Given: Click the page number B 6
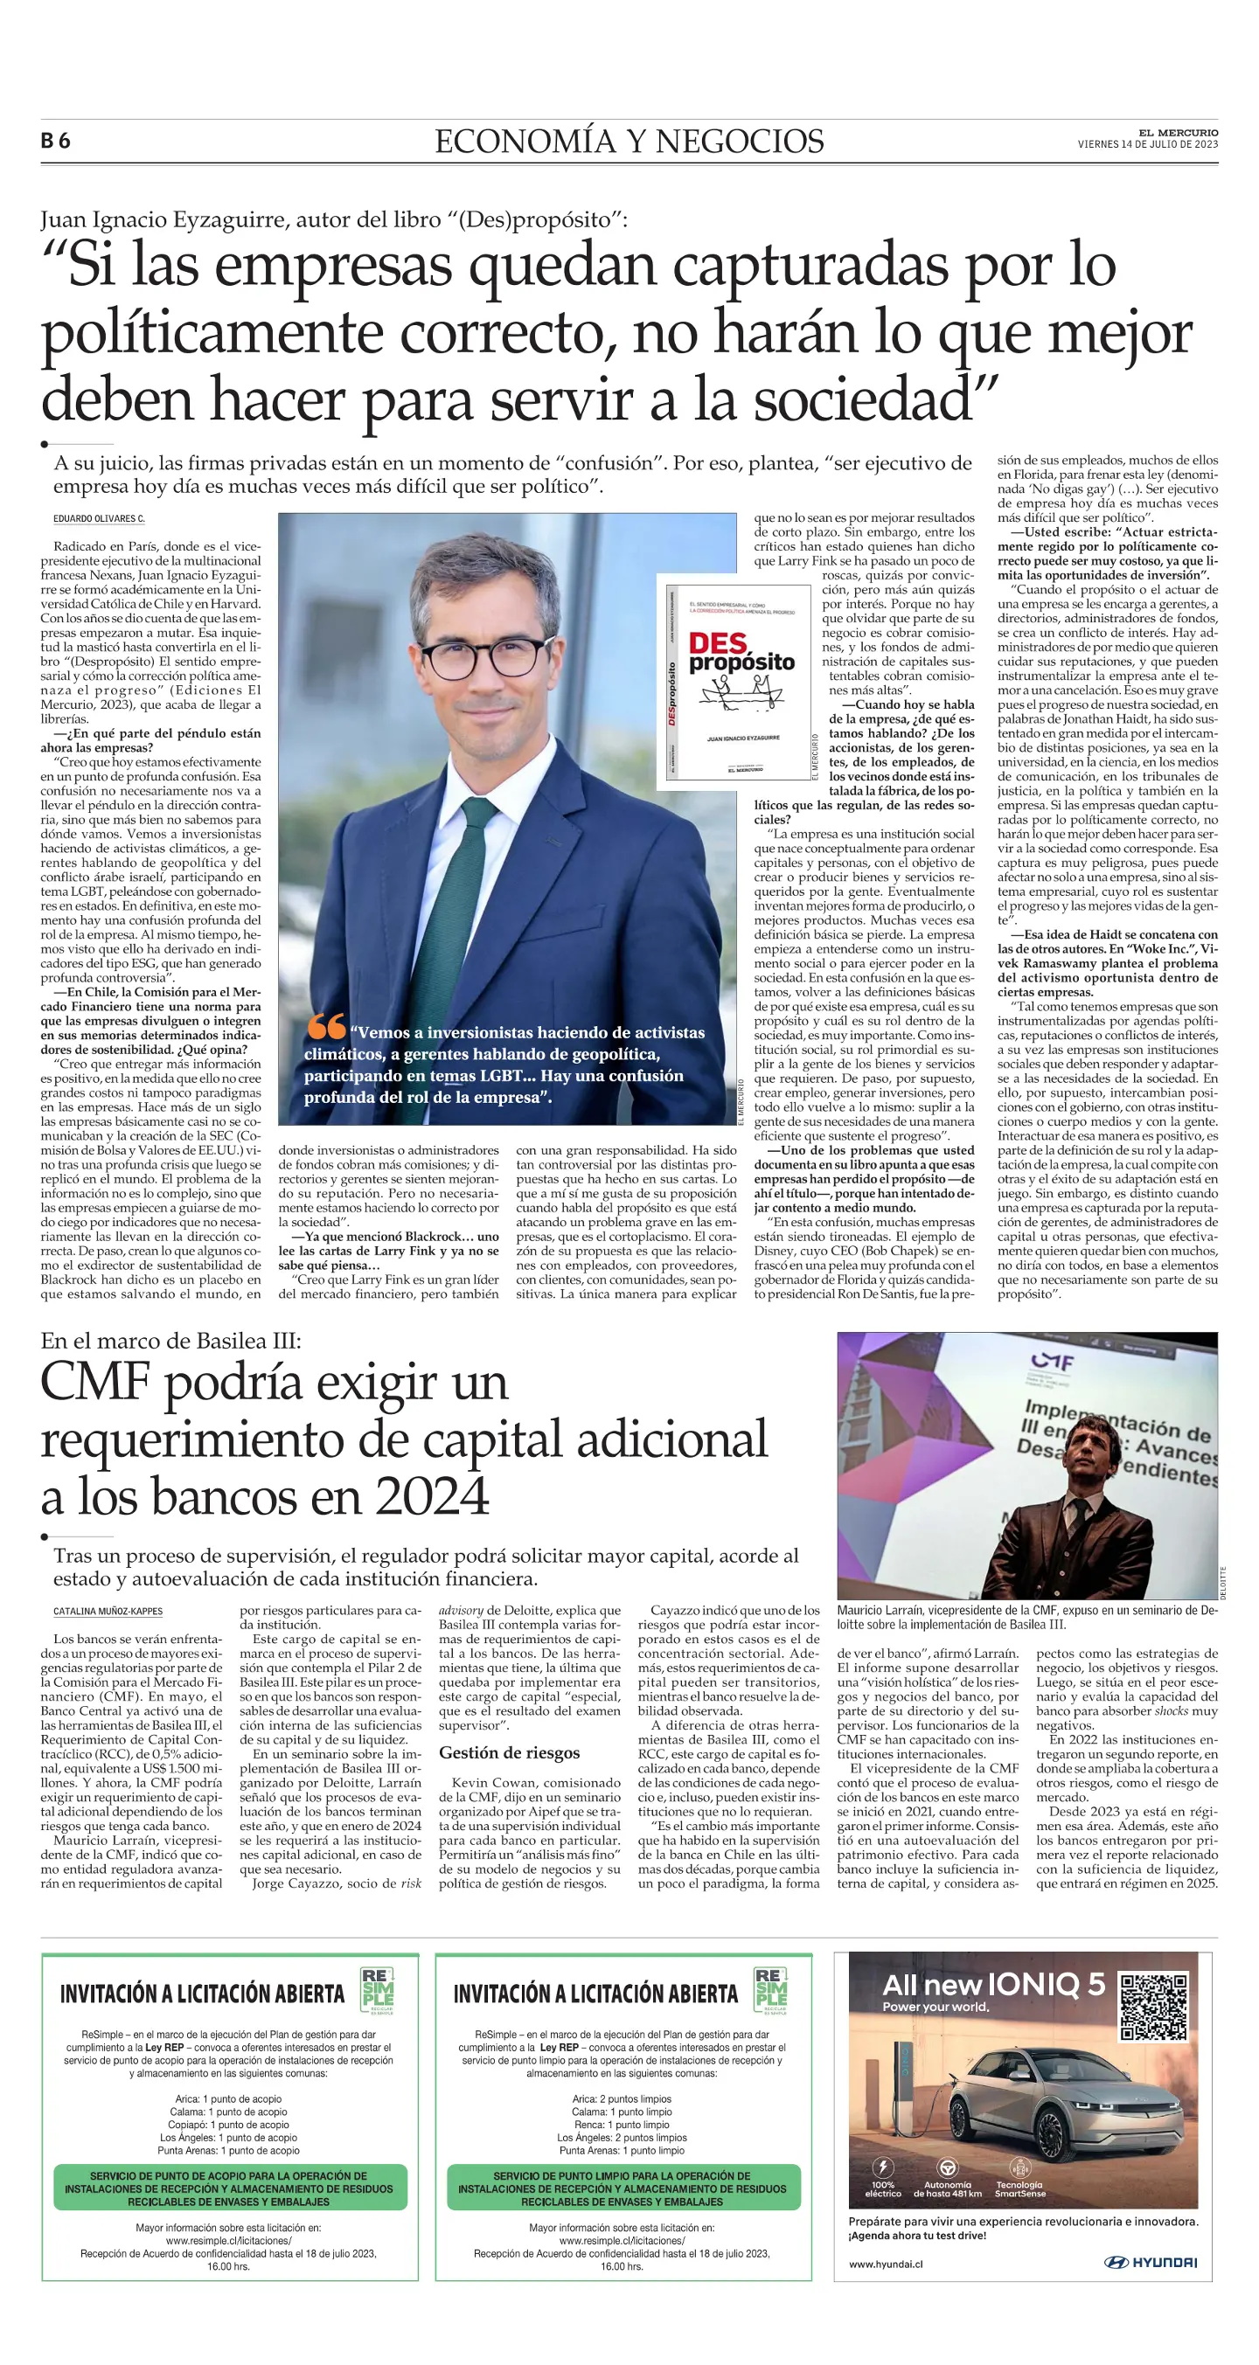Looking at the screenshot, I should point(55,141).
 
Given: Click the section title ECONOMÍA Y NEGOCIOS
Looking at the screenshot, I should point(629,142).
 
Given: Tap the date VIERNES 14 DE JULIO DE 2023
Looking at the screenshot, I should point(1147,144).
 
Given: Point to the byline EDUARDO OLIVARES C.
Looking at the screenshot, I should point(99,519).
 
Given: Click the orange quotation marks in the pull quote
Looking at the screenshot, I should point(326,1025).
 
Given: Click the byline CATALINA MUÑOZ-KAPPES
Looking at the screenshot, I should point(108,1612).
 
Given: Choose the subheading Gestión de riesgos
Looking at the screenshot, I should point(509,1752).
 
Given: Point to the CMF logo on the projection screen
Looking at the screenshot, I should point(1052,1363).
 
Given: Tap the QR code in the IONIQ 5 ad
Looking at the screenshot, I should point(1154,2005).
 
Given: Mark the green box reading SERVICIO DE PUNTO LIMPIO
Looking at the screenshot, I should point(623,2188).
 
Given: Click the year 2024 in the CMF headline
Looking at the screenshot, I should point(432,1497).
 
